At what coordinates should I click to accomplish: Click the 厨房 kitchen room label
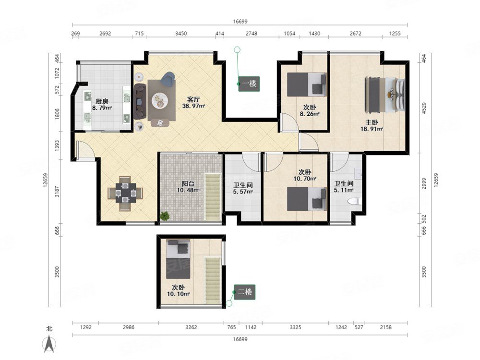click(102, 102)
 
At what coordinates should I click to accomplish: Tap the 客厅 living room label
click(193, 100)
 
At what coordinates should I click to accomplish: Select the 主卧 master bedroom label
click(372, 122)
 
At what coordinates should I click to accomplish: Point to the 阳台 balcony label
click(188, 184)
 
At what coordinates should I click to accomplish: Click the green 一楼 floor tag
click(249, 84)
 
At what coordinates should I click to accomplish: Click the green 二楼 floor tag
click(245, 292)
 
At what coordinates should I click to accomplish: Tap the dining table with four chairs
click(125, 193)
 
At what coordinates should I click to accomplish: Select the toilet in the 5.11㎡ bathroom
click(355, 201)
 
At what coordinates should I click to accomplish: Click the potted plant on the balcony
click(165, 216)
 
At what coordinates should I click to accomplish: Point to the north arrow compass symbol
click(49, 344)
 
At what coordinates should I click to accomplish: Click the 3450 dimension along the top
click(181, 34)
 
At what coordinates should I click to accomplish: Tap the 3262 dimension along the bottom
click(192, 327)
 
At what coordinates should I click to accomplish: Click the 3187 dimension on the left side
click(57, 191)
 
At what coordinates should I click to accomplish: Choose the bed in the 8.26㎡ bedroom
click(306, 84)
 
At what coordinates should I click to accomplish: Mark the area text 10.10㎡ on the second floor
click(178, 294)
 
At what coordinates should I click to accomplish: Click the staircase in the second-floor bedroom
click(212, 280)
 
